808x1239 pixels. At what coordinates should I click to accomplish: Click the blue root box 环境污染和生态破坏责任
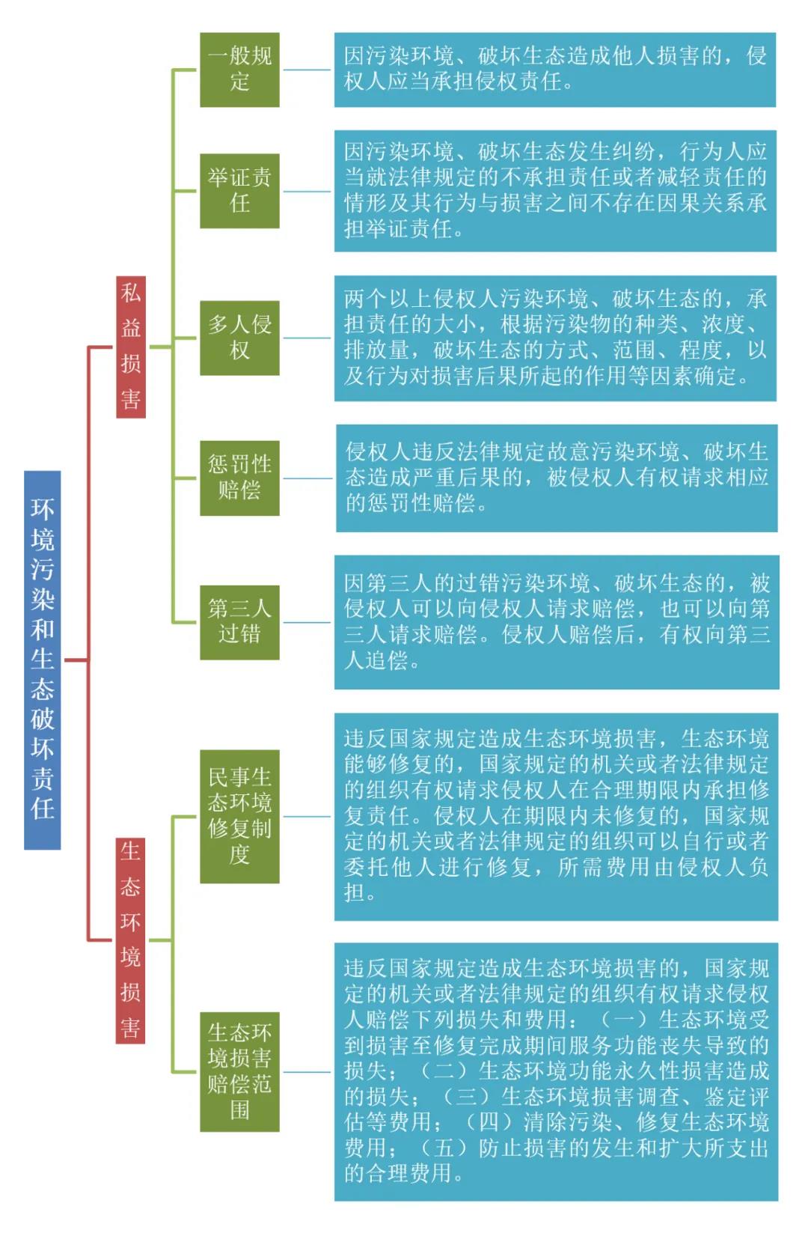point(42,660)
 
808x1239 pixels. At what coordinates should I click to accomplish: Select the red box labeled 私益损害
point(131,347)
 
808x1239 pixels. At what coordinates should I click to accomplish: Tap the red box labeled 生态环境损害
point(131,940)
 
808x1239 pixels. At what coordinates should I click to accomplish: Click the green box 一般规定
point(239,70)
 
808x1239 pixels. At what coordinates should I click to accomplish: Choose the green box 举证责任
point(239,191)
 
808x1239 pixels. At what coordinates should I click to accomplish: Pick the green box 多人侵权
point(239,338)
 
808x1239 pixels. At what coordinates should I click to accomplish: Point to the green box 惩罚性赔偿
point(239,478)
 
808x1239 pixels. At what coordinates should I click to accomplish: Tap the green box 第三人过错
point(239,622)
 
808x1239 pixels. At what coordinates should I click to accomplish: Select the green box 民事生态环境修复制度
point(239,816)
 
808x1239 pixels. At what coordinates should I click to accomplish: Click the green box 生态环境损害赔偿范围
point(239,1071)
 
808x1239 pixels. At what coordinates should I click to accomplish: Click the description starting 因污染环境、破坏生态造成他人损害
point(554,70)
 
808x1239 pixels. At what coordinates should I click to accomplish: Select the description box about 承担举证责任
point(554,191)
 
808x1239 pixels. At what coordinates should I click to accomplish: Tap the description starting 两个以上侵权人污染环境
point(554,338)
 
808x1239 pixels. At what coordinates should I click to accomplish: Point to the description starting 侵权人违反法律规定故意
point(556,478)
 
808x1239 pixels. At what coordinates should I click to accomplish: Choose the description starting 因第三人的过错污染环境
point(556,622)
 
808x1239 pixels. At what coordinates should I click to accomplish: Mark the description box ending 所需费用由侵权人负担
point(556,816)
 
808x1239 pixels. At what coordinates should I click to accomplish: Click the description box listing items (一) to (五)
point(556,1071)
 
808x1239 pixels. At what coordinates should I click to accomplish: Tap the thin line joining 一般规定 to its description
point(307,70)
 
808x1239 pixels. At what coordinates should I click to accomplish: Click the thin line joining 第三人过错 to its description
point(307,622)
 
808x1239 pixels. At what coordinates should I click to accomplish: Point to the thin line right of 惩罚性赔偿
point(307,478)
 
